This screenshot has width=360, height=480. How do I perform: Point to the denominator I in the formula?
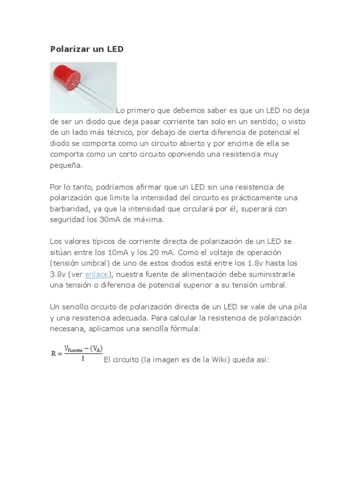tap(82, 359)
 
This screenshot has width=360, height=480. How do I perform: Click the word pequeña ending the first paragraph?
tap(66, 165)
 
